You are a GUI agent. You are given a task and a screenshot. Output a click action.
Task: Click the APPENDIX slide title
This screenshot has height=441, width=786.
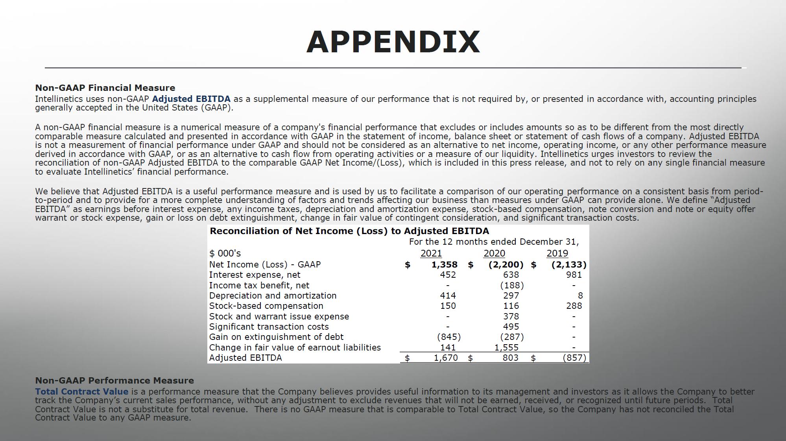point(393,42)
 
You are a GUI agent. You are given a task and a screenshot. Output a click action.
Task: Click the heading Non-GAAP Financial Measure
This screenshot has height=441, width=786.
point(105,88)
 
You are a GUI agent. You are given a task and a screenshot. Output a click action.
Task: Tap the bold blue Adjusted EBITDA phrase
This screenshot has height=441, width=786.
point(191,99)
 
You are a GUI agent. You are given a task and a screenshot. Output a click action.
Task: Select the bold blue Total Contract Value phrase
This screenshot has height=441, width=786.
point(81,391)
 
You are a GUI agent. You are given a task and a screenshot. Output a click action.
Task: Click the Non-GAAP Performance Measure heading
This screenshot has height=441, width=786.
point(114,380)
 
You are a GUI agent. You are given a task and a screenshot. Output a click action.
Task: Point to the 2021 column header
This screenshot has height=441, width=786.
point(431,253)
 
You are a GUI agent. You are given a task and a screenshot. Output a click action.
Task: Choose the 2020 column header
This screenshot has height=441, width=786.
point(494,253)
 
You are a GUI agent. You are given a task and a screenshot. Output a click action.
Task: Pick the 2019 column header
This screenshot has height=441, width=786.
point(557,253)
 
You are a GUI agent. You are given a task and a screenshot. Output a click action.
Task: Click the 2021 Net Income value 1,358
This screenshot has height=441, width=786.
point(445,265)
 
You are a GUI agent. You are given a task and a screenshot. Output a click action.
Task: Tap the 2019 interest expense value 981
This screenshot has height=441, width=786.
point(574,275)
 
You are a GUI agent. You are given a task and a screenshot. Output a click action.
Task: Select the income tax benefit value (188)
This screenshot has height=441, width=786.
point(512,285)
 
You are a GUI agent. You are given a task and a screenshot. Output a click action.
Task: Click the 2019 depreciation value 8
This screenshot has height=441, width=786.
point(580,295)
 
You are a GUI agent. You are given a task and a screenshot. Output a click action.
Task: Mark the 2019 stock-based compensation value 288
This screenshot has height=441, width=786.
point(574,306)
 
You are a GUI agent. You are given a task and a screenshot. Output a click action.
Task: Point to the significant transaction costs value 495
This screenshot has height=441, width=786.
point(511,327)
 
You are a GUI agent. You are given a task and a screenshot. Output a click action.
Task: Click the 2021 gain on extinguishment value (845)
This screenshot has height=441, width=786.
point(449,337)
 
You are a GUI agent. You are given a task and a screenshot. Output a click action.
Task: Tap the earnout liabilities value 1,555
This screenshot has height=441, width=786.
point(506,347)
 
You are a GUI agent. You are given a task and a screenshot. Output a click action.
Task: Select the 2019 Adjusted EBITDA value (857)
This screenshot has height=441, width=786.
point(574,358)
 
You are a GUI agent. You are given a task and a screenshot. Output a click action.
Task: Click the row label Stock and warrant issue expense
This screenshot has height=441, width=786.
point(279,316)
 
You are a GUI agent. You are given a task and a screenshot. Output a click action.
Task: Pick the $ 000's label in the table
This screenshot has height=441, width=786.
point(225,253)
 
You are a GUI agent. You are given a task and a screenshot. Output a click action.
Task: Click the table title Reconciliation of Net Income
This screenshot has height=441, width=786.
point(349,231)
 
